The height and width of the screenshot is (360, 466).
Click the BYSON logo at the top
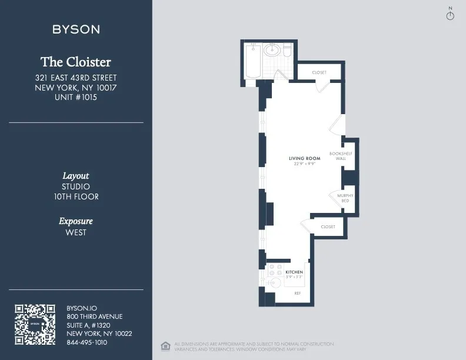[76, 29]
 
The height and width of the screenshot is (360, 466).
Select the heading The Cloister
[76, 62]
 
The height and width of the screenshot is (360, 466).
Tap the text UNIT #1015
[76, 98]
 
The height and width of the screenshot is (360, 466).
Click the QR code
[35, 324]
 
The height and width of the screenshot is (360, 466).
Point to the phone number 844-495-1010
[87, 342]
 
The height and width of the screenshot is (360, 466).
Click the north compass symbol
[450, 15]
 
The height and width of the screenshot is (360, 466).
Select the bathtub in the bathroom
[252, 61]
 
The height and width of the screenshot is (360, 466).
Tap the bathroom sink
[272, 51]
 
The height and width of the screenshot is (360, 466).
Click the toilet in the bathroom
[287, 51]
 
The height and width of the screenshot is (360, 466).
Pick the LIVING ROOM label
[304, 159]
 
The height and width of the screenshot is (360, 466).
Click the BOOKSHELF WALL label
[341, 156]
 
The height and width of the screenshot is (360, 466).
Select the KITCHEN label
[294, 272]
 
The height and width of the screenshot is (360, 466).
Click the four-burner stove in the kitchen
[274, 270]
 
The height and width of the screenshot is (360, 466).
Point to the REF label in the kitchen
[297, 293]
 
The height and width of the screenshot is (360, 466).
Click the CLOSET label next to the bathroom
[319, 72]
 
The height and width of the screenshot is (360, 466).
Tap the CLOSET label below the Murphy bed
[328, 226]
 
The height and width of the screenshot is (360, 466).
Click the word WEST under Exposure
[76, 232]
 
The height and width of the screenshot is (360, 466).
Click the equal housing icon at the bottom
[165, 345]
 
